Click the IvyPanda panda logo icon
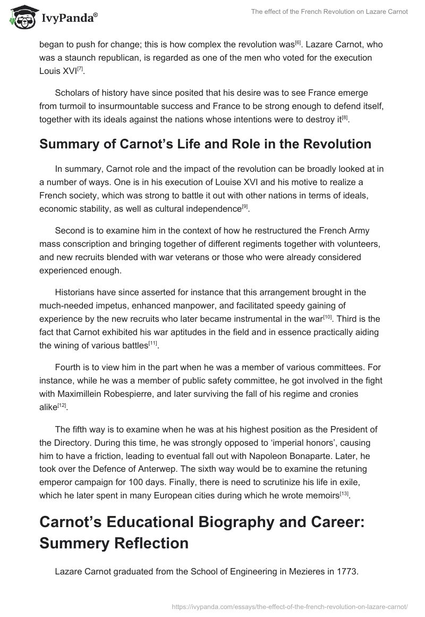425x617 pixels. (20, 18)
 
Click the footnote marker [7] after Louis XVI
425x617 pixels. (80, 69)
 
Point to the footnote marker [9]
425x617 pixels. (245, 206)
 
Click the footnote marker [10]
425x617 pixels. (328, 316)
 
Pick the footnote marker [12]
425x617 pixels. (63, 405)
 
